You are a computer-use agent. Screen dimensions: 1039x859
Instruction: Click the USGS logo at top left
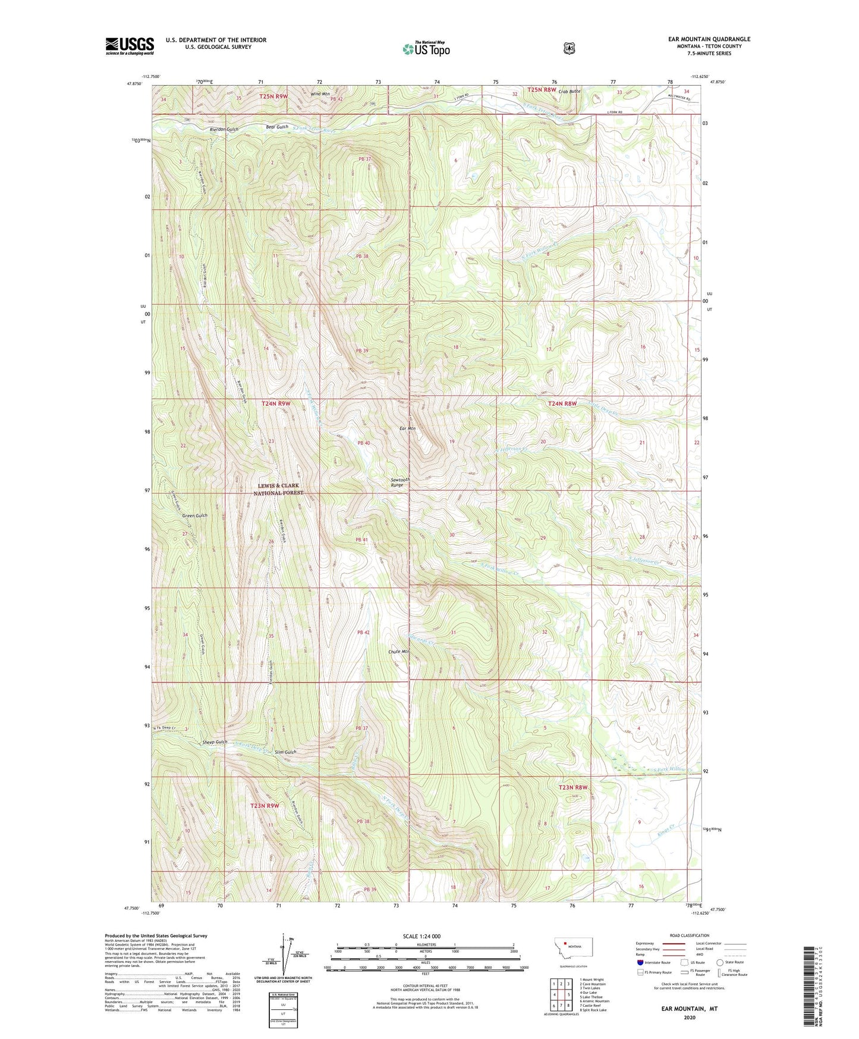point(130,46)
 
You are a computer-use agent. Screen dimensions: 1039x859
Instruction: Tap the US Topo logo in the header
point(426,49)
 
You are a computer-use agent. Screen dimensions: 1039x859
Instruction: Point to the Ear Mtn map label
point(407,428)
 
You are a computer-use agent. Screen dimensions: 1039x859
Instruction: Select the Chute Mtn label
point(399,652)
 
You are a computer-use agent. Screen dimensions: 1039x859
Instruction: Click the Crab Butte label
point(569,92)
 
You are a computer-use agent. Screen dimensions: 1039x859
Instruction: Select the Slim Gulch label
point(285,752)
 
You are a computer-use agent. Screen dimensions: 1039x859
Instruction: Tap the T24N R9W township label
point(276,403)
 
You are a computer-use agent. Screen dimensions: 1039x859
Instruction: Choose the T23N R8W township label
point(573,787)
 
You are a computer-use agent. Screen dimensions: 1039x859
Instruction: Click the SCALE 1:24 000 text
point(424,936)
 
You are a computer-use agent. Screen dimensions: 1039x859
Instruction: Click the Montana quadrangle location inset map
point(568,962)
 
